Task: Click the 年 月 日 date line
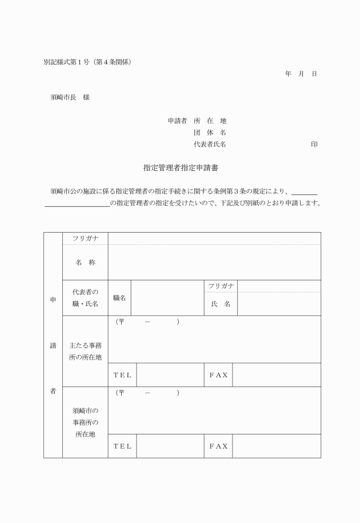301,74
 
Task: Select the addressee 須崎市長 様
70,97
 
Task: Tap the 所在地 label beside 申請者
210,121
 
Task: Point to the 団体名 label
210,133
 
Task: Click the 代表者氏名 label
210,145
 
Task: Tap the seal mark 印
314,145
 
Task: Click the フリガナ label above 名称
85,238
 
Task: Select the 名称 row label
85,262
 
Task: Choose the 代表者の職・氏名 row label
85,298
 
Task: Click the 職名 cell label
119,298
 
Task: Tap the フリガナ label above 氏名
220,286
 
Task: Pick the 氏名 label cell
220,304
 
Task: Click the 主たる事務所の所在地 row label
85,351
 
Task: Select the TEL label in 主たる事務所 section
122,375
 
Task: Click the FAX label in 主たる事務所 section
218,375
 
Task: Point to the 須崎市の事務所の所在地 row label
85,422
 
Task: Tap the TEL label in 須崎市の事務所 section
122,446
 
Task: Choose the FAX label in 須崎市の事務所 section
218,446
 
